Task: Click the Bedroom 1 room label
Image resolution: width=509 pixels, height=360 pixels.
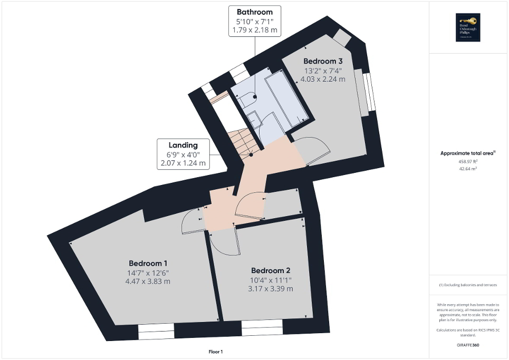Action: [x=148, y=264]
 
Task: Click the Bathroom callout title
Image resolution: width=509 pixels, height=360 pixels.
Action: [x=255, y=12]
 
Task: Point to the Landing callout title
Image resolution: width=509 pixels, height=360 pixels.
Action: [x=183, y=145]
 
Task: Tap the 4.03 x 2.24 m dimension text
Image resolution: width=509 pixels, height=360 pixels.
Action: [x=323, y=79]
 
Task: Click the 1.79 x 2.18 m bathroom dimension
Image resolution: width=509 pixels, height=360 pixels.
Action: [x=255, y=30]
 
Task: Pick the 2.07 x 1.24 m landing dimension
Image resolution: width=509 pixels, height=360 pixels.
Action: [x=183, y=163]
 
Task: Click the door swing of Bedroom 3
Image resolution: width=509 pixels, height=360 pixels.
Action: [x=311, y=150]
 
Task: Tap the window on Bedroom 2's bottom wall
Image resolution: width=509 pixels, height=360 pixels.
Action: [x=262, y=330]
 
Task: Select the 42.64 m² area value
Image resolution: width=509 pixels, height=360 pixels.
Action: [x=468, y=169]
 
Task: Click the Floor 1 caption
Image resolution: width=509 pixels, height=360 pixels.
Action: [x=216, y=352]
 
